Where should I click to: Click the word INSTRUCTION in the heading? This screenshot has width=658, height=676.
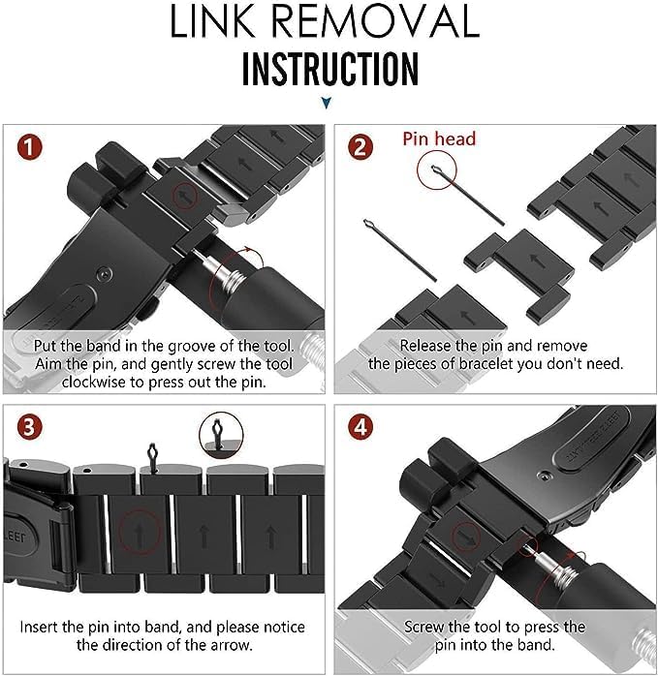[329, 69]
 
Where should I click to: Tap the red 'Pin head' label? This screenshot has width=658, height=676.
[439, 139]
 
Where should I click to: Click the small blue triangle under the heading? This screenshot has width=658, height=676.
[328, 102]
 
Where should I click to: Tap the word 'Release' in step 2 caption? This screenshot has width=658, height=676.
[426, 345]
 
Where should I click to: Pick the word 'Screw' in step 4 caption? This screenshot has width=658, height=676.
[425, 627]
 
